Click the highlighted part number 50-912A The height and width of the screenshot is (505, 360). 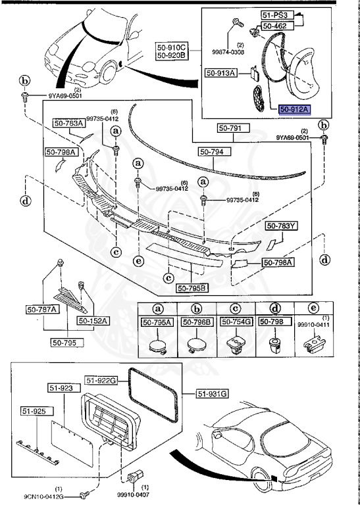tap(296, 110)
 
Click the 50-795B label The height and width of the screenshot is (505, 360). tap(192, 287)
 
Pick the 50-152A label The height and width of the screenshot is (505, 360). tap(94, 320)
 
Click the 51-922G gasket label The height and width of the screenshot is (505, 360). tap(101, 379)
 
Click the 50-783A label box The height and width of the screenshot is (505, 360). tap(68, 123)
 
